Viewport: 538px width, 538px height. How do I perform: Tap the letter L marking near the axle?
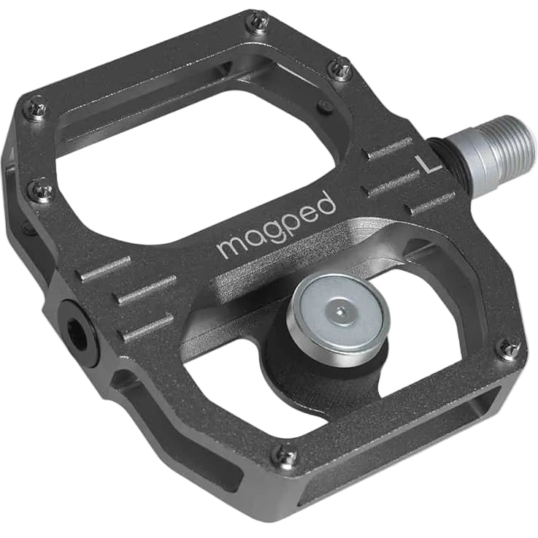coord(426,164)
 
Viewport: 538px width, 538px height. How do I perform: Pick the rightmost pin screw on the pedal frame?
coord(509,348)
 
